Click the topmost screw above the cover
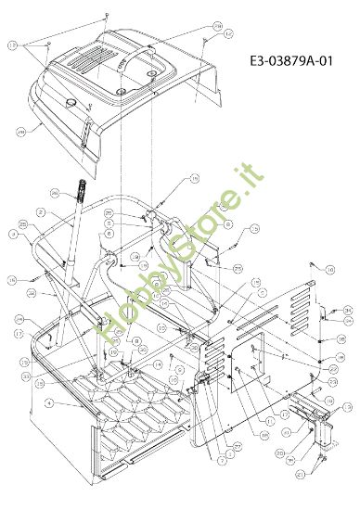point(109,16)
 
